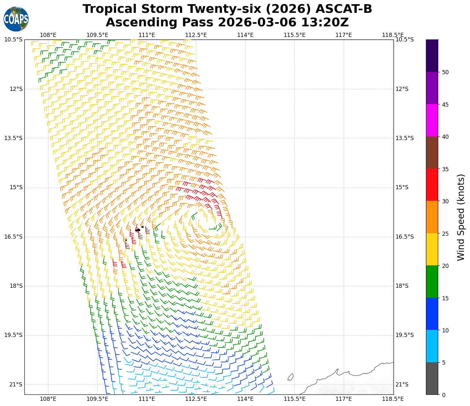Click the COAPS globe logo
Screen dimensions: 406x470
click(16, 19)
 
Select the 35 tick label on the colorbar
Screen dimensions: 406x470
click(445, 169)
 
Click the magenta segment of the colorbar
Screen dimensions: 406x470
click(432, 120)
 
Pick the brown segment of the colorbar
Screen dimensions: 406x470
click(432, 153)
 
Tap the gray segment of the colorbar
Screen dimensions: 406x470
click(432, 378)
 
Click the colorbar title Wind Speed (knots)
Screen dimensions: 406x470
click(461, 217)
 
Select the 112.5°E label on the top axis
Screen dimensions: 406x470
click(196, 35)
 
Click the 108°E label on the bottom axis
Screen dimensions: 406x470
click(48, 399)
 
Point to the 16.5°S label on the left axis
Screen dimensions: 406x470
click(13, 237)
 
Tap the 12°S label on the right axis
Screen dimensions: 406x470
click(402, 89)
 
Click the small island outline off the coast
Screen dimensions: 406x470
click(290, 377)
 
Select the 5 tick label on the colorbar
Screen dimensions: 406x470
click(444, 363)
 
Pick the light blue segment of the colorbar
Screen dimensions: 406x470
click(432, 346)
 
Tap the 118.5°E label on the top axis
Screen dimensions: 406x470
click(393, 35)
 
